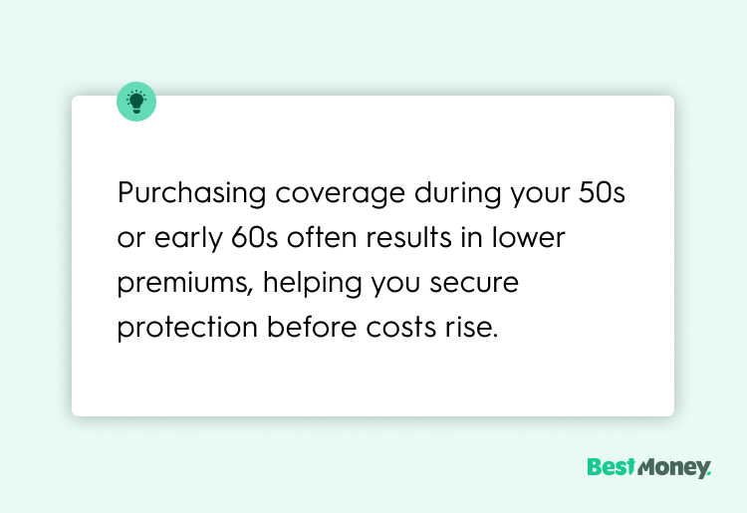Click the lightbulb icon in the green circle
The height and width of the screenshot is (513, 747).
click(136, 102)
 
